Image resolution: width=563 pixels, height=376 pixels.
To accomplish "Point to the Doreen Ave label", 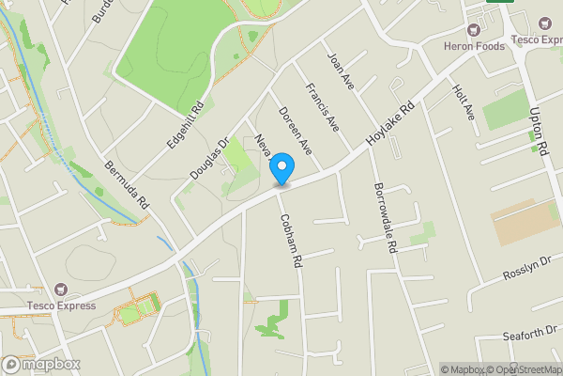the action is click(x=295, y=131).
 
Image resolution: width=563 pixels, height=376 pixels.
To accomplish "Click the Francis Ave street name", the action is click(x=321, y=107).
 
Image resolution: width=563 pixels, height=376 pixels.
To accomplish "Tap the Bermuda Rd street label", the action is click(x=127, y=184).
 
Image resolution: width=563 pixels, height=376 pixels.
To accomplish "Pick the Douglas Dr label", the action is click(x=209, y=161).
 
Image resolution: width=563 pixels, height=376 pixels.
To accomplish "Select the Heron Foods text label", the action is click(x=475, y=45).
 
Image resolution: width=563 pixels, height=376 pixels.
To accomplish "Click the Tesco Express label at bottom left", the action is click(x=61, y=305).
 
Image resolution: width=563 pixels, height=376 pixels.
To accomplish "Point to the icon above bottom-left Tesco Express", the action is click(x=63, y=290).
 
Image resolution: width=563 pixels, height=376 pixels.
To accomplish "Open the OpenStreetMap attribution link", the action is click(x=522, y=369).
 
